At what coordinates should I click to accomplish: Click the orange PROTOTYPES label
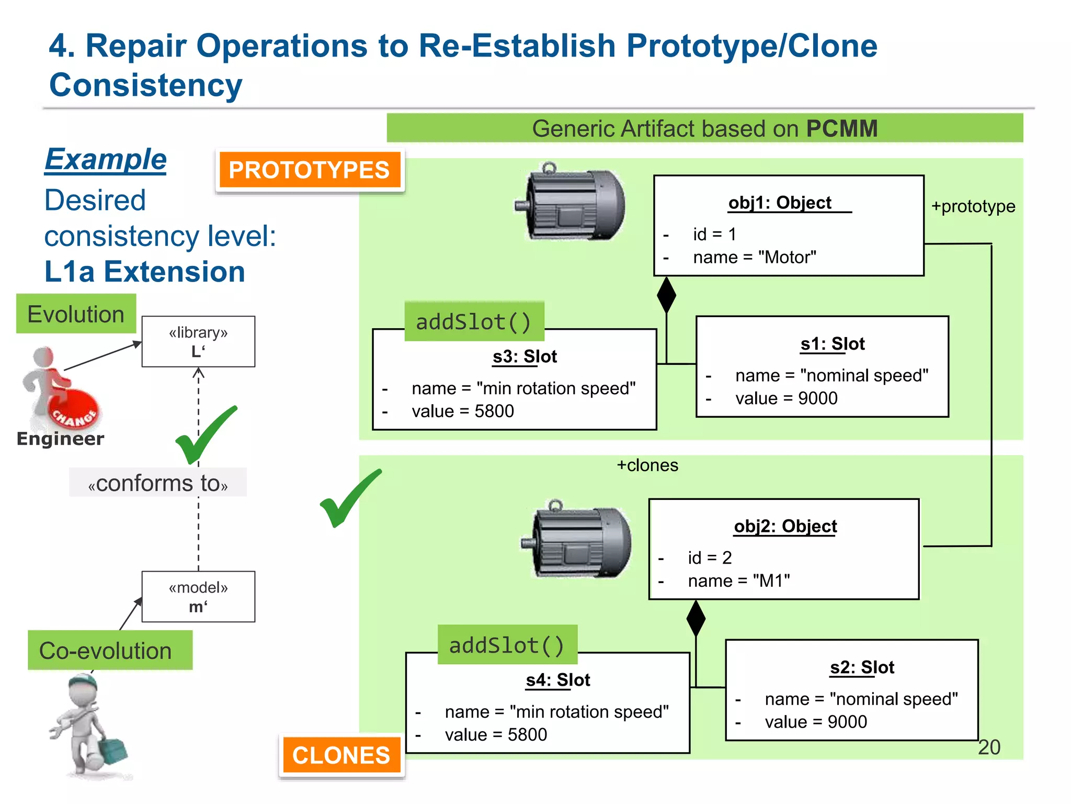309,170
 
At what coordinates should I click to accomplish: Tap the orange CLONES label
341,755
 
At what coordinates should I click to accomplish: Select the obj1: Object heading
780,203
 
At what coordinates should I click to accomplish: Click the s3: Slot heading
525,356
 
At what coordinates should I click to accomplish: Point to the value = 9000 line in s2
815,722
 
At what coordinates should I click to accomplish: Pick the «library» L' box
198,341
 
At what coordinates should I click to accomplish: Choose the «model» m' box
198,597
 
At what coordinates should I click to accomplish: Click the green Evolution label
76,314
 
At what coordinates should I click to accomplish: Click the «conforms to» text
158,483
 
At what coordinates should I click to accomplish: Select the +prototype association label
973,206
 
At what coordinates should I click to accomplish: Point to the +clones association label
647,465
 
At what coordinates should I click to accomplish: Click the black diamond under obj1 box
666,295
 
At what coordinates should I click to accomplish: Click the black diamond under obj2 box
696,618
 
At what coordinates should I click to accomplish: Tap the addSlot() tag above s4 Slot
507,645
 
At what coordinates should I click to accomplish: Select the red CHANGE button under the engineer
75,414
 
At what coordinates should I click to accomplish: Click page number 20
989,747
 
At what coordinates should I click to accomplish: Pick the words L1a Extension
145,272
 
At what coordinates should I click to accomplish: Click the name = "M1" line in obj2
738,580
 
